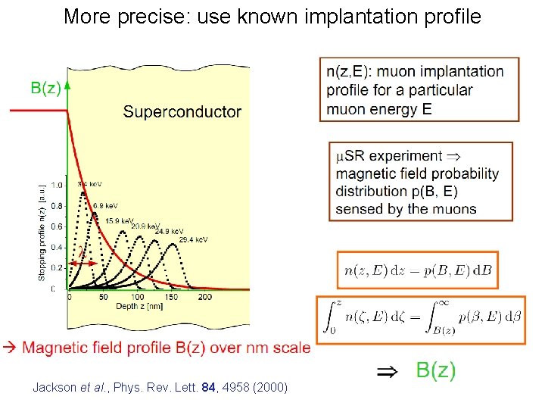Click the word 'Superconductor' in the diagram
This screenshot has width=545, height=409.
182,112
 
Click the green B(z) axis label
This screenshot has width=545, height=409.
45,88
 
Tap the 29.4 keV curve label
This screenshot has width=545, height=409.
194,239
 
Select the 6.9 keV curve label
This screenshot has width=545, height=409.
105,205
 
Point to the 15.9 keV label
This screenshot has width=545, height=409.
120,220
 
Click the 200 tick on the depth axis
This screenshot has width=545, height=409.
204,298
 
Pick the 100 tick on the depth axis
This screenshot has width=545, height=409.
138,298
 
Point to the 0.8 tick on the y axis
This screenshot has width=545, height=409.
57,205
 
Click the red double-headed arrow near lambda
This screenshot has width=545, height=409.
82,263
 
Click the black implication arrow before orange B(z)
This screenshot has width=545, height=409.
385,371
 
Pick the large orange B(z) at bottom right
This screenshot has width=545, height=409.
436,370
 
